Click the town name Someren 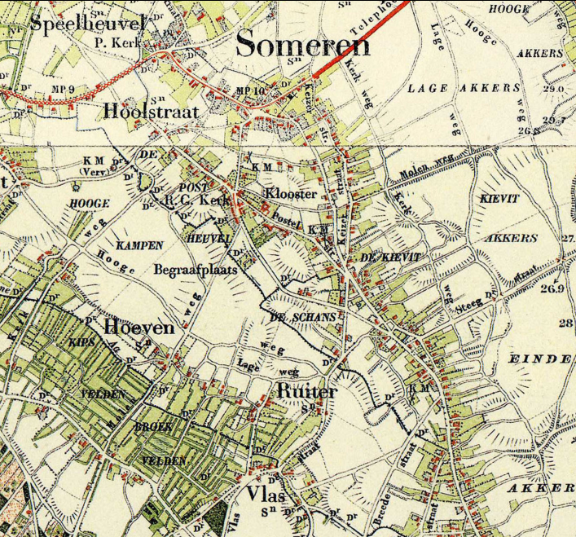coord(302,45)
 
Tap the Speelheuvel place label coord(87,23)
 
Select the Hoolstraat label coord(151,112)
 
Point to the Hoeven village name coord(139,328)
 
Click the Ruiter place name coord(306,392)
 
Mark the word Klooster coord(290,194)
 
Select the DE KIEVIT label coord(390,257)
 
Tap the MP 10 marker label coord(251,90)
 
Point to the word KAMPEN coord(139,245)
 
